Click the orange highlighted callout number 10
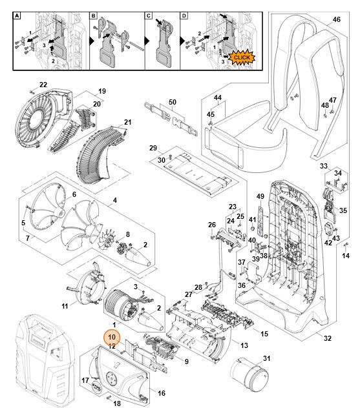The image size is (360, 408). (x=111, y=337)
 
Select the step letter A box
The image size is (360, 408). (x=18, y=14)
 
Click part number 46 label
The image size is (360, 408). (x=335, y=21)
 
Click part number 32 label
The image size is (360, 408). (x=327, y=338)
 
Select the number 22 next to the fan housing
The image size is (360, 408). (x=43, y=85)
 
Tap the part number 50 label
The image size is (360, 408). (x=172, y=102)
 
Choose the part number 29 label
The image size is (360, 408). (x=153, y=148)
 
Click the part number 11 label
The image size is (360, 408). (x=65, y=305)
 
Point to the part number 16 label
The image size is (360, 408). (x=161, y=392)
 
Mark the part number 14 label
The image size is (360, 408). (x=345, y=256)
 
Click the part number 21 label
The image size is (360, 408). (x=127, y=122)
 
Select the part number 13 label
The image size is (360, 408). (x=244, y=345)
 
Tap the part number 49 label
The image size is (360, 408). (x=260, y=196)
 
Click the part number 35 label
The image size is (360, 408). (x=343, y=210)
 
